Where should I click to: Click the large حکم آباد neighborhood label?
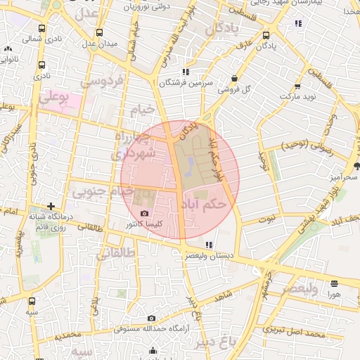203,204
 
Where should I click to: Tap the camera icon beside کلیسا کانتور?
145,213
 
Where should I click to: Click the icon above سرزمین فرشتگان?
185,72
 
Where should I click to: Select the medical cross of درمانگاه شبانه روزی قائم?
51,207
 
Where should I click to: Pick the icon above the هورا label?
333,283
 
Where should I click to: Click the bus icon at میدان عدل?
99,32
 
